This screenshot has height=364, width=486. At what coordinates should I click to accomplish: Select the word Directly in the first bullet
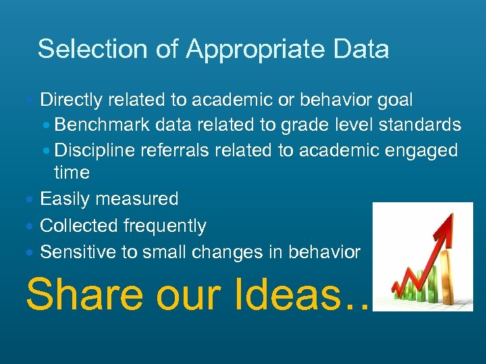point(71,100)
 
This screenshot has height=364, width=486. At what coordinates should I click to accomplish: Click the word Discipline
point(94,150)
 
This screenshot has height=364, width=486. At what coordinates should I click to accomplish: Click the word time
point(72,173)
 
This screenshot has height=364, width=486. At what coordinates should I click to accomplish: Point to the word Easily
point(65,199)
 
